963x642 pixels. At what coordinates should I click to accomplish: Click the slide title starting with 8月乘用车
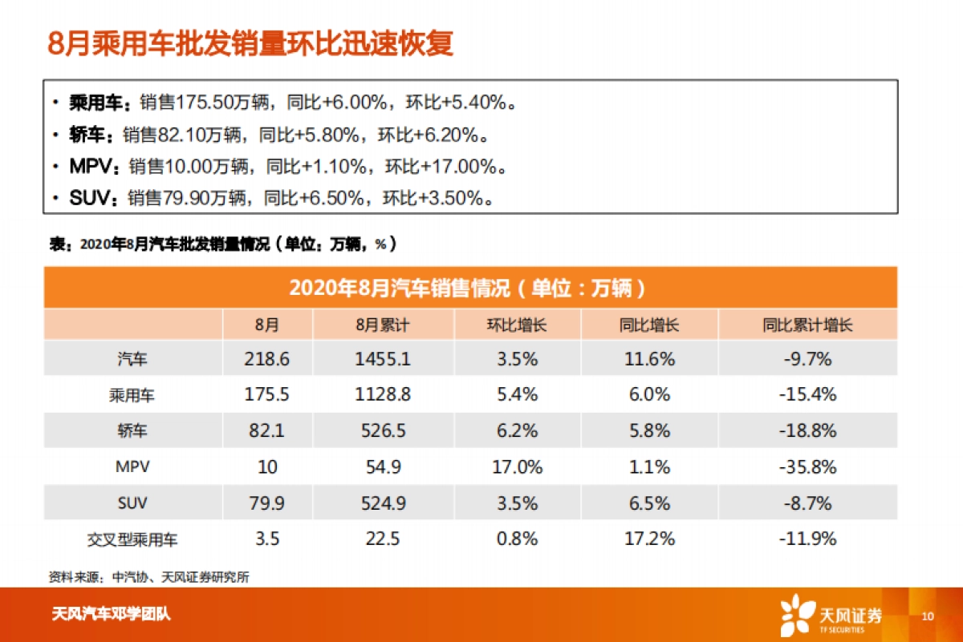tap(250, 43)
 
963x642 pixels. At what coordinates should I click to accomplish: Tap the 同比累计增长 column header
tap(807, 325)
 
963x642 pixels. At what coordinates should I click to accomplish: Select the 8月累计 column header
tap(382, 325)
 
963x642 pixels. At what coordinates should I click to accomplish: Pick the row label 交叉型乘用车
tap(132, 539)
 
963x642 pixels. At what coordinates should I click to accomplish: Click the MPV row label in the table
tap(132, 466)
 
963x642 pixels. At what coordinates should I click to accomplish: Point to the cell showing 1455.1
tap(382, 359)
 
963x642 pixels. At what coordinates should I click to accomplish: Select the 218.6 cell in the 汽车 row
tap(266, 359)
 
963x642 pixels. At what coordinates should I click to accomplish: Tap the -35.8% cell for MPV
tap(807, 466)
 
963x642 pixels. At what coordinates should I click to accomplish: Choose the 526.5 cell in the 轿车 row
tap(382, 430)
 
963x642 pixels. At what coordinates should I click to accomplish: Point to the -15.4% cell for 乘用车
tap(807, 394)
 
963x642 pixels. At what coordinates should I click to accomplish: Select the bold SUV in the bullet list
tap(89, 197)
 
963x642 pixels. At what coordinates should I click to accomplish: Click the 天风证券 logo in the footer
tap(831, 616)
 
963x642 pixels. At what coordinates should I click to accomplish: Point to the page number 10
tap(928, 616)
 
